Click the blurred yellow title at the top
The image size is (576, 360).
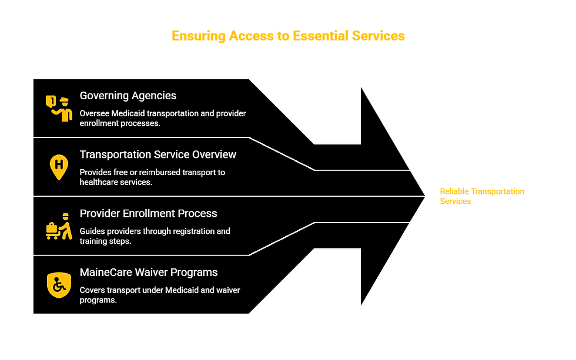(288, 36)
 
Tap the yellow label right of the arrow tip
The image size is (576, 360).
(481, 196)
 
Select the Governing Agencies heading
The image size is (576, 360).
(128, 96)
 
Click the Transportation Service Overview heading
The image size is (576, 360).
(158, 154)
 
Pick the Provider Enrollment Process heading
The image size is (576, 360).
(148, 213)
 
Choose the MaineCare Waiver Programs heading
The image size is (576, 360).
(148, 272)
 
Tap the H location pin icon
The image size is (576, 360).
(58, 166)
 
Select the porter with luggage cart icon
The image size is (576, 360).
(58, 226)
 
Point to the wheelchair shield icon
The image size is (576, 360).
(58, 285)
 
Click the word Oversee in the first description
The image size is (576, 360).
(94, 113)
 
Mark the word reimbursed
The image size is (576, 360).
(148, 173)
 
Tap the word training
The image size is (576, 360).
(93, 241)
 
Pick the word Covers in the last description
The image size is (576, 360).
(92, 290)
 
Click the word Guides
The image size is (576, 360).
(92, 231)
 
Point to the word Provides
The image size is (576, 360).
(95, 173)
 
